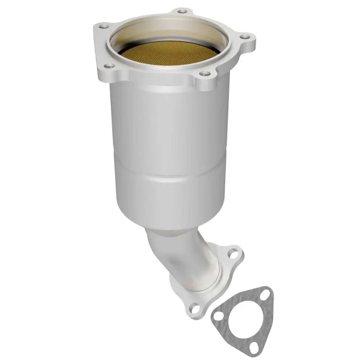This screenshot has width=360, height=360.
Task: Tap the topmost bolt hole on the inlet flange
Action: (181, 10)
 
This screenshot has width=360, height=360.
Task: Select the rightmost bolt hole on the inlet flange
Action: (244, 37)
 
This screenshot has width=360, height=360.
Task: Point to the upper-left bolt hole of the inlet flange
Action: (102, 27)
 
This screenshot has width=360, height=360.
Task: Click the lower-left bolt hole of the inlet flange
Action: (107, 66)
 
